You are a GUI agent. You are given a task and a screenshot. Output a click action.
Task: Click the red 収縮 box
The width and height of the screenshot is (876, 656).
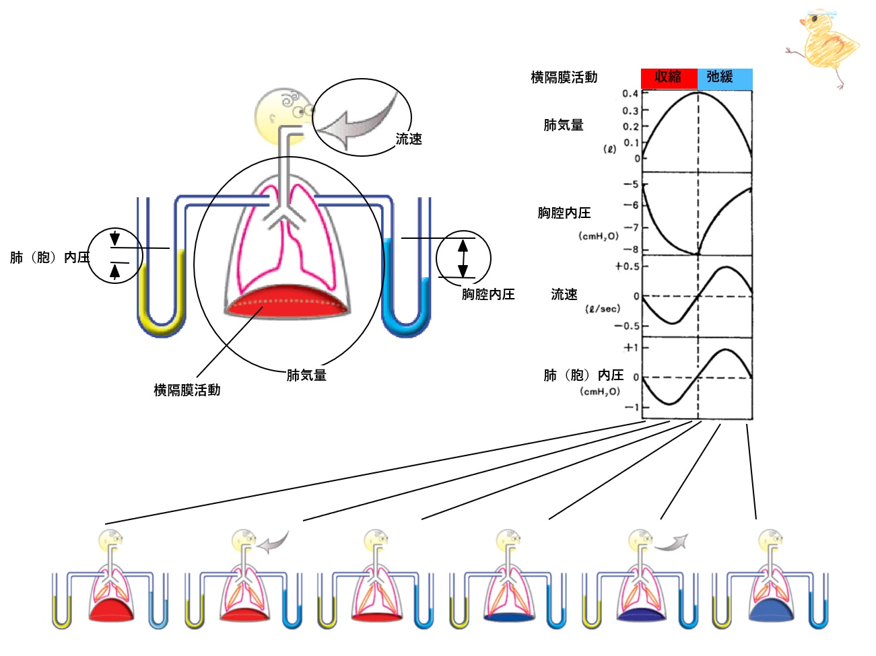pyautogui.click(x=669, y=78)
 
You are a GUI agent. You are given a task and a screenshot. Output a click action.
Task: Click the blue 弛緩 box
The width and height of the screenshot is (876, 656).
pyautogui.click(x=725, y=78)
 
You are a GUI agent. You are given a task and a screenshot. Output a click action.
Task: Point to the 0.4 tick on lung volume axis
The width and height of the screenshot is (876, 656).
pyautogui.click(x=630, y=94)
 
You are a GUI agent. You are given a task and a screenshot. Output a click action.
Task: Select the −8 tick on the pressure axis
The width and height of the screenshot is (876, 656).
pyautogui.click(x=631, y=250)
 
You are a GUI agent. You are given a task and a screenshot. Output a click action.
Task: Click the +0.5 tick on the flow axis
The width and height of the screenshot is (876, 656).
pyautogui.click(x=627, y=266)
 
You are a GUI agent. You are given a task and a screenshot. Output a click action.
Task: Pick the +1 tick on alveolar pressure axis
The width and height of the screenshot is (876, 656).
pyautogui.click(x=631, y=348)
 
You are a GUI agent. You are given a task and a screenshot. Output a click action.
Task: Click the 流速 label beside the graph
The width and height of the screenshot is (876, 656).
pyautogui.click(x=564, y=294)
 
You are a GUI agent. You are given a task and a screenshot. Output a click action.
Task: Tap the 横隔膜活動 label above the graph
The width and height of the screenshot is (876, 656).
pyautogui.click(x=564, y=77)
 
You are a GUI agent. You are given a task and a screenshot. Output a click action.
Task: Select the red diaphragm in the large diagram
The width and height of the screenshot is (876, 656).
pyautogui.click(x=286, y=302)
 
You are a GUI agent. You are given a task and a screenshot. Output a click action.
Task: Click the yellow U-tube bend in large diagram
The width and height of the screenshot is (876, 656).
pyautogui.click(x=161, y=323)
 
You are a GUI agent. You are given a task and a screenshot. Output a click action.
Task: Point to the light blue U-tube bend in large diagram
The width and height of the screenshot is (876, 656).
pyautogui.click(x=406, y=323)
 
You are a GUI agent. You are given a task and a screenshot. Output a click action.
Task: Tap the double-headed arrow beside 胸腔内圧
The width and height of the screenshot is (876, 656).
pyautogui.click(x=463, y=258)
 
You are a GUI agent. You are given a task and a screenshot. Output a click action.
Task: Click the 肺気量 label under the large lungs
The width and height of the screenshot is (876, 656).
pyautogui.click(x=306, y=375)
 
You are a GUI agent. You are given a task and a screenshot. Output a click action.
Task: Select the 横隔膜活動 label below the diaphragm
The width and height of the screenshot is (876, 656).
pyautogui.click(x=187, y=390)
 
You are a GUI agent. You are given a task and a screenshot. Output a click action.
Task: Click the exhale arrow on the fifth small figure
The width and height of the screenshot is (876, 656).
pyautogui.click(x=672, y=543)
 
